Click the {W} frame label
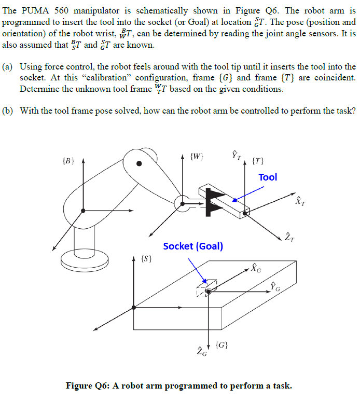click(x=197, y=155)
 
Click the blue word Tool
click(x=268, y=177)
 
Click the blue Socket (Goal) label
click(x=193, y=246)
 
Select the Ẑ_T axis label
click(x=288, y=238)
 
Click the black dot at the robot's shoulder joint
click(x=139, y=164)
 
